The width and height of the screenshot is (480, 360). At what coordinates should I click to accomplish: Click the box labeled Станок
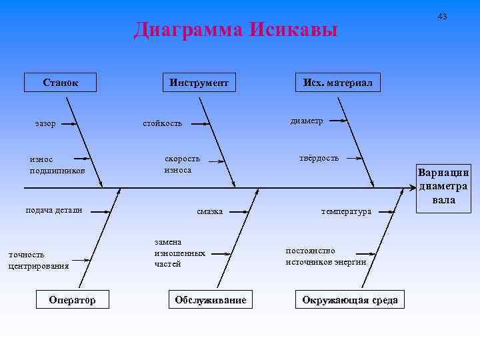[x=60, y=83]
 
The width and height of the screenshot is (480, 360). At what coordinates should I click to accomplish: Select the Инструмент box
[x=199, y=83]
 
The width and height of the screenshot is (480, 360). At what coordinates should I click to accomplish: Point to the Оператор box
[x=72, y=300]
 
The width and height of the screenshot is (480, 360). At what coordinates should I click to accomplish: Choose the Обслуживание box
[x=210, y=300]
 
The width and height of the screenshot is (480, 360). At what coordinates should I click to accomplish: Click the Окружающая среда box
[x=349, y=300]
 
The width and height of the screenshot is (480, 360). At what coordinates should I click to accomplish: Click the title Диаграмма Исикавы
[x=236, y=31]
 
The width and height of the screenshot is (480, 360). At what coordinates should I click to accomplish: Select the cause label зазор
[x=45, y=123]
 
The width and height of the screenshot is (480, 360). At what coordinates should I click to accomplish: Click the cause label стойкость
[x=163, y=123]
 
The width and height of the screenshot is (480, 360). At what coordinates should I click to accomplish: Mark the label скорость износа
[x=182, y=165]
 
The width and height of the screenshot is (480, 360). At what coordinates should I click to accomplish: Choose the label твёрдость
[x=319, y=158]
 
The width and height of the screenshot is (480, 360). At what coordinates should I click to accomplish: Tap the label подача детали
[x=53, y=210]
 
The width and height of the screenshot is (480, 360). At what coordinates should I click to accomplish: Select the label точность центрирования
[x=38, y=260]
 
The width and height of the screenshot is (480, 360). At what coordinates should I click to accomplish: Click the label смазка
[x=209, y=212]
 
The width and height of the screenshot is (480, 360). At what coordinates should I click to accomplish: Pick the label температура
[x=345, y=212]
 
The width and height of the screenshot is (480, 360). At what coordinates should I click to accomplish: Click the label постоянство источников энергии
[x=326, y=257]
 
